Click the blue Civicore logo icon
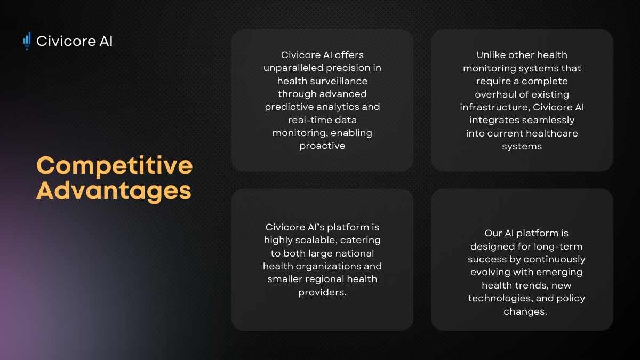coord(27,41)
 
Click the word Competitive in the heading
coord(115,166)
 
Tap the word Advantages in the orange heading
coord(114,191)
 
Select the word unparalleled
coord(293,68)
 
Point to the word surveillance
coord(339,81)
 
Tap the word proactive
coord(322,146)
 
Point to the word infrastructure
coord(495,107)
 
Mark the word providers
coord(322,293)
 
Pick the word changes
coord(525,311)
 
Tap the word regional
coord(325,279)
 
